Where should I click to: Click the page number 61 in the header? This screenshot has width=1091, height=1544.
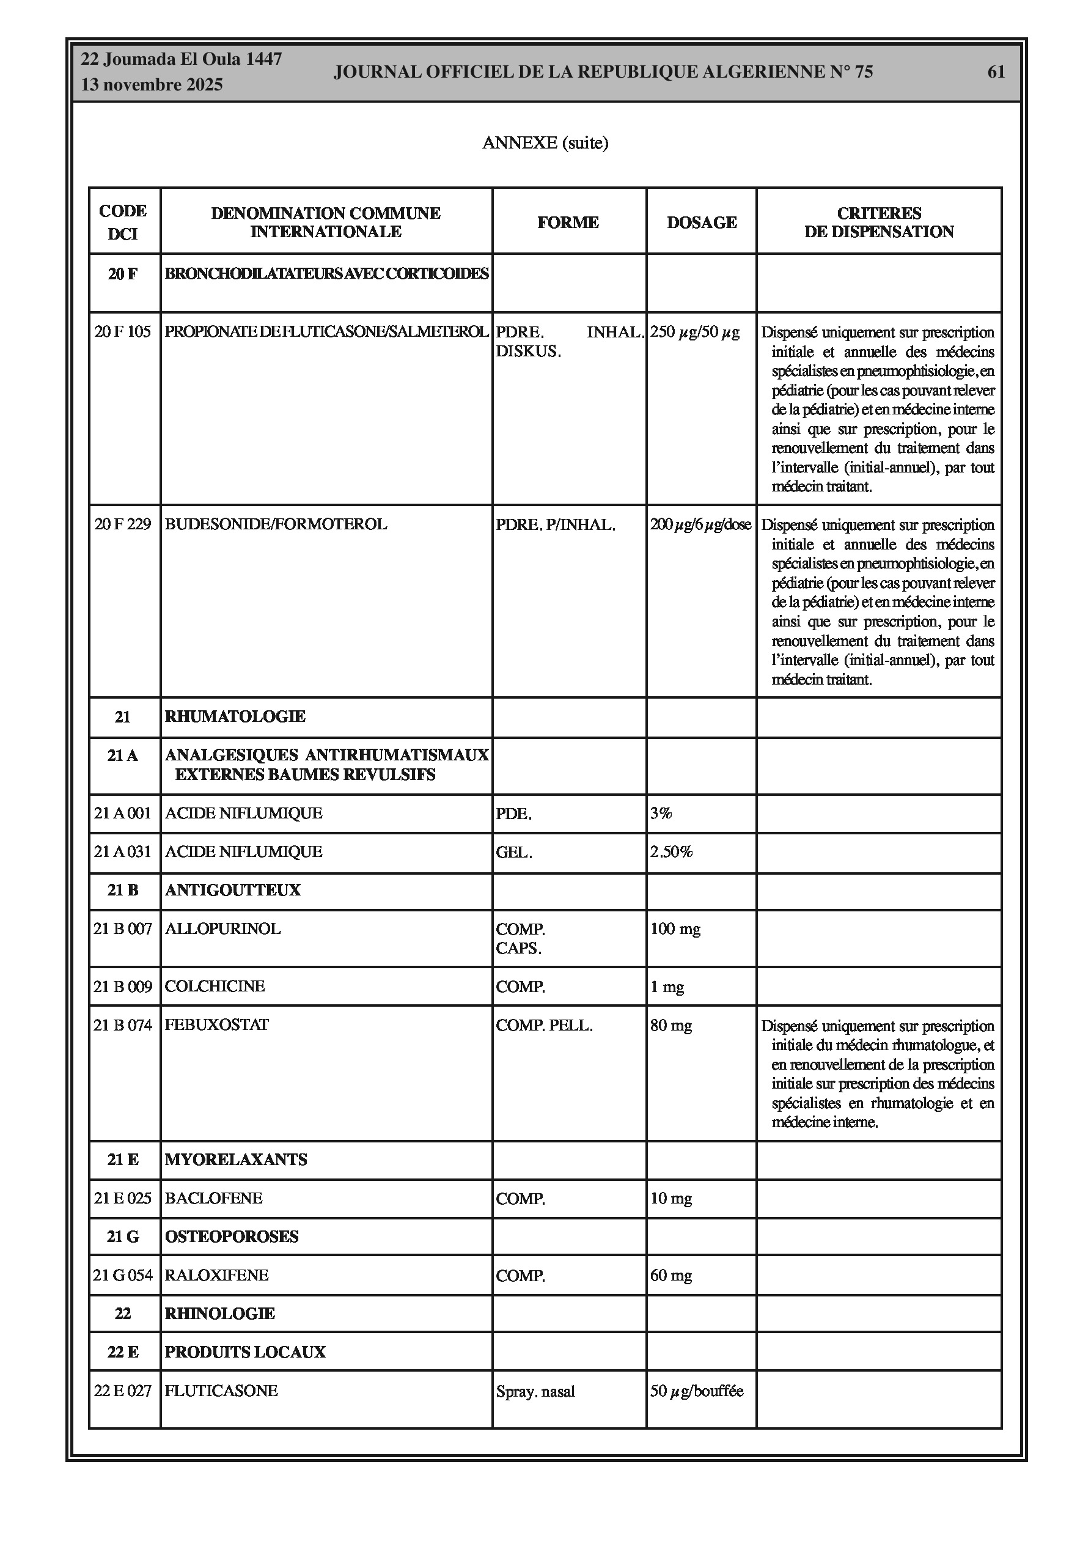(996, 72)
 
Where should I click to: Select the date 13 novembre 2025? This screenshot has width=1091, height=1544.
(152, 85)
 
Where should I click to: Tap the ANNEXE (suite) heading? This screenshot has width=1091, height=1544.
(545, 142)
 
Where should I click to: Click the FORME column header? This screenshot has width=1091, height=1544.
(568, 222)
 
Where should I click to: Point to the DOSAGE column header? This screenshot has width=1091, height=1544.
(701, 222)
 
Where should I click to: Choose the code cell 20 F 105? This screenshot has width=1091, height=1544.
(122, 331)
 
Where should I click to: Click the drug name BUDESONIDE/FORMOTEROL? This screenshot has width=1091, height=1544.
(276, 524)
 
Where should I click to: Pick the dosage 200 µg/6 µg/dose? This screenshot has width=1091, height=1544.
(700, 524)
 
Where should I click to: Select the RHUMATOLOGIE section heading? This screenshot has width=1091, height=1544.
(235, 717)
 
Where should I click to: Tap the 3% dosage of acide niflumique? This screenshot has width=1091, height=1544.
(661, 813)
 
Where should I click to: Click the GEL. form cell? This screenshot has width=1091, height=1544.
(514, 853)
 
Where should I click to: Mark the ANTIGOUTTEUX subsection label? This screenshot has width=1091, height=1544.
(232, 891)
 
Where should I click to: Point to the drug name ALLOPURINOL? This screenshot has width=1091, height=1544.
(222, 928)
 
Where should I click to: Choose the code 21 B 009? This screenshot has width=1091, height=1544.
(123, 987)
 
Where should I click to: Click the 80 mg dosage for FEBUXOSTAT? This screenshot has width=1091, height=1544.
(670, 1026)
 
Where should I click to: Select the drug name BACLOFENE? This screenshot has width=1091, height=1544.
(213, 1199)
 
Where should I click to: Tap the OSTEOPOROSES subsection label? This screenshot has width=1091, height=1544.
(232, 1237)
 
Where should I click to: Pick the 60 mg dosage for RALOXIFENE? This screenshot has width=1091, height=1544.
(670, 1276)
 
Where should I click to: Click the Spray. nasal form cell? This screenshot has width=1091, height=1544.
(535, 1391)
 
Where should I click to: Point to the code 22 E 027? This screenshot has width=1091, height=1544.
(122, 1391)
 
